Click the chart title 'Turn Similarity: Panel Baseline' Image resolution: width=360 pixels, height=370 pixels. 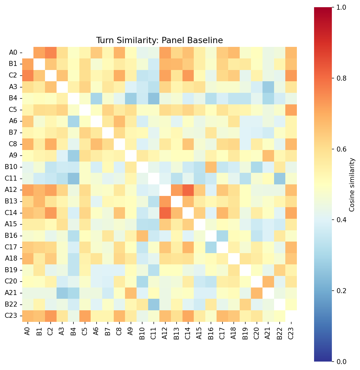pos(159,40)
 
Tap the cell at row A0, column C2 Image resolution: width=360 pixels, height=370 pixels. pos(51,52)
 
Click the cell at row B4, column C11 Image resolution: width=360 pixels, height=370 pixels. pos(154,98)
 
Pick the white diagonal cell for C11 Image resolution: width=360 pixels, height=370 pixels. pos(154,178)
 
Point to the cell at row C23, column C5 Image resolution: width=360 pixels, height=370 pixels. pos(85,316)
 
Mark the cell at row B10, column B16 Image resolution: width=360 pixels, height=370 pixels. pos(211,167)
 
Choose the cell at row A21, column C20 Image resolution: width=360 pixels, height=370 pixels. pos(257,293)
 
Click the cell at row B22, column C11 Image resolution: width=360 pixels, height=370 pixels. pos(154,304)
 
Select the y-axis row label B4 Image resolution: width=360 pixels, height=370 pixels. pos(13,98)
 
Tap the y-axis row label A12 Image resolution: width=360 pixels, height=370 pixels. pos(11,190)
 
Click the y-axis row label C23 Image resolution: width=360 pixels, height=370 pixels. pos(11,316)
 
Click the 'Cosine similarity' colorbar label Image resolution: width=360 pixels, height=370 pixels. pos(352,185)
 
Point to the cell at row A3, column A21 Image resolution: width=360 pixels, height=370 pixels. pos(268,87)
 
